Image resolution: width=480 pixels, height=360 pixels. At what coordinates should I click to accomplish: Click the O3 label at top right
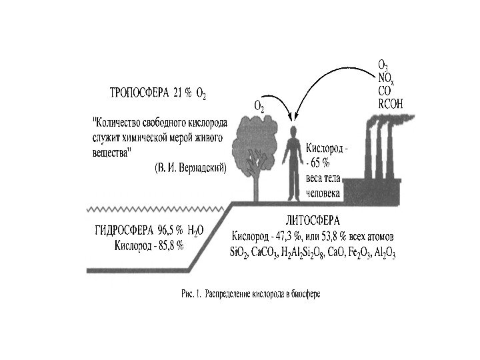[383, 65]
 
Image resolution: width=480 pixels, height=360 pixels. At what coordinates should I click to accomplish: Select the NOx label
[385, 77]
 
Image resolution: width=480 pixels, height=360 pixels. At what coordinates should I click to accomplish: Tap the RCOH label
[390, 103]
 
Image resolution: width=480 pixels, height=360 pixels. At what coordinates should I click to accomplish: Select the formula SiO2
[239, 253]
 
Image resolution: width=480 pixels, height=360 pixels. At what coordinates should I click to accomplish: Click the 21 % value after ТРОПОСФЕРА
[183, 93]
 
